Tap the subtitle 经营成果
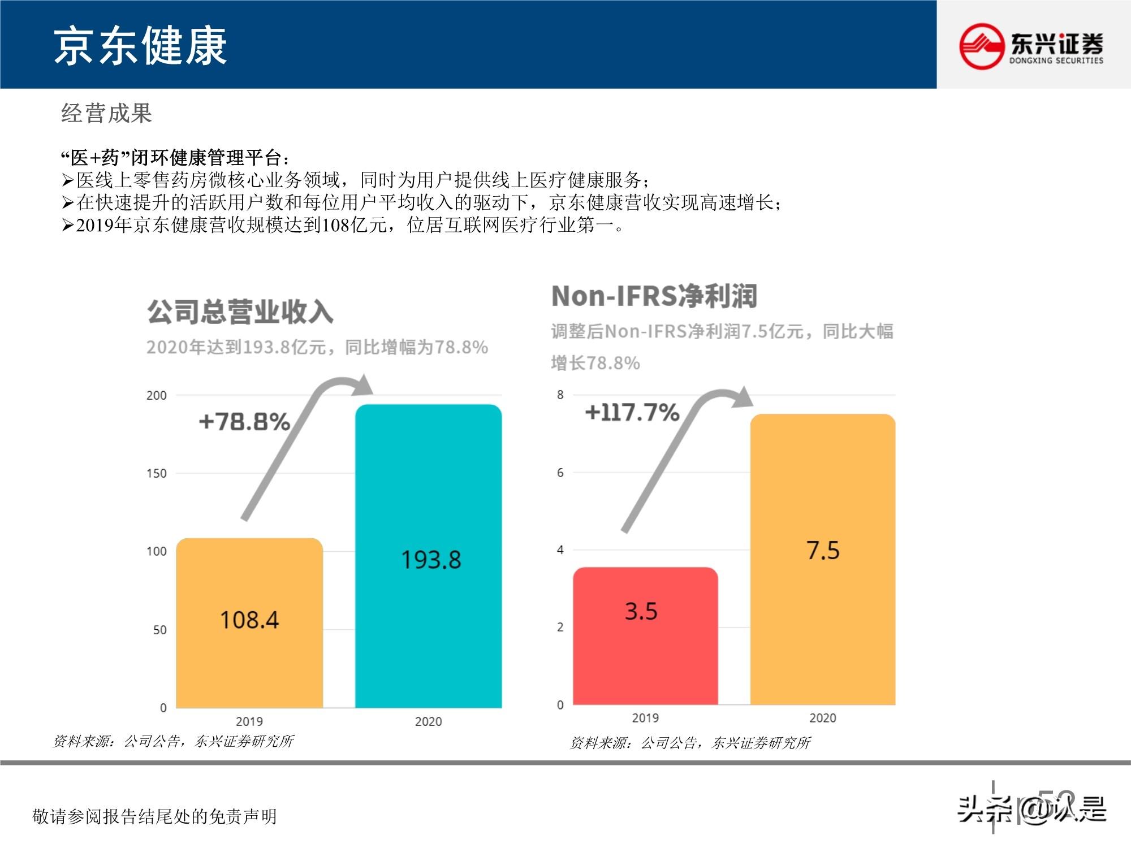pos(106,113)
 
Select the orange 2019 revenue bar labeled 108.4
pos(249,622)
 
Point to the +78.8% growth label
pos(244,422)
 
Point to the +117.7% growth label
pos(632,412)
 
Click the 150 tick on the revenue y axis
pos(157,473)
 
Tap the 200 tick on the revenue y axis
pos(157,395)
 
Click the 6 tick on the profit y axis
pos(560,473)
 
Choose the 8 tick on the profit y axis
pos(560,395)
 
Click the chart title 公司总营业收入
pos(240,311)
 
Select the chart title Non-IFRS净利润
pos(654,296)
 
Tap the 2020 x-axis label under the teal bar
pos(428,721)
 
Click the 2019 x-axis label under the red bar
pos(645,718)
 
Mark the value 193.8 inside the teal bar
pos(431,560)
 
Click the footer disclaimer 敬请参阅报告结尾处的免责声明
pos(154,816)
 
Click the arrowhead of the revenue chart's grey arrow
pos(362,386)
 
